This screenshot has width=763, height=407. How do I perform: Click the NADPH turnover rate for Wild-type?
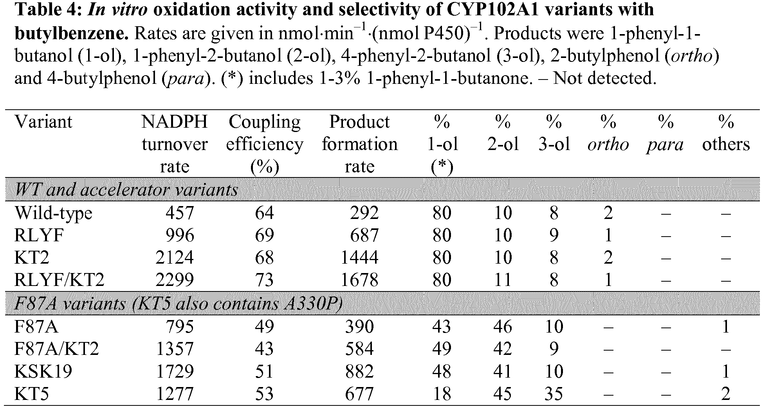tap(180, 213)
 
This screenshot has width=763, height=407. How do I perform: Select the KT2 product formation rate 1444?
tap(360, 258)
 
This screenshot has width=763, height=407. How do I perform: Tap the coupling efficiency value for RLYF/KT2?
tap(264, 280)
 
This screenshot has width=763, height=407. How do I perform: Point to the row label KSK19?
tap(43, 371)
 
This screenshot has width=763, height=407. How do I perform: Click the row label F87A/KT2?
tap(56, 349)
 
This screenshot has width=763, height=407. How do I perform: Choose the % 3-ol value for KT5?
tap(554, 394)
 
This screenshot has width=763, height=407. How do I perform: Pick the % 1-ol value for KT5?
tap(442, 394)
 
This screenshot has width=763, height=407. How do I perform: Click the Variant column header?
tap(43, 122)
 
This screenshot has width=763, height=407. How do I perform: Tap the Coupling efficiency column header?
tap(265, 144)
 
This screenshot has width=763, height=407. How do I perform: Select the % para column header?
tap(665, 134)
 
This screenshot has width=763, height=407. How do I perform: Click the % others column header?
tap(726, 134)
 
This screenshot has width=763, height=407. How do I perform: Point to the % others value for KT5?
tap(725, 394)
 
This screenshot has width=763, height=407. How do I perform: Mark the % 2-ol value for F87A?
tap(503, 327)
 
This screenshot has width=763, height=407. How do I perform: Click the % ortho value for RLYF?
tap(608, 235)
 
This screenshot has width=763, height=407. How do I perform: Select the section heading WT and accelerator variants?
tap(126, 190)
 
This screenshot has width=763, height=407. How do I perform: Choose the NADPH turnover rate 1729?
tap(175, 371)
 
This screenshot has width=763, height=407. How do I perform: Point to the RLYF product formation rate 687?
tap(364, 235)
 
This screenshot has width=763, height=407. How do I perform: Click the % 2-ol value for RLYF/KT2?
tap(503, 280)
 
